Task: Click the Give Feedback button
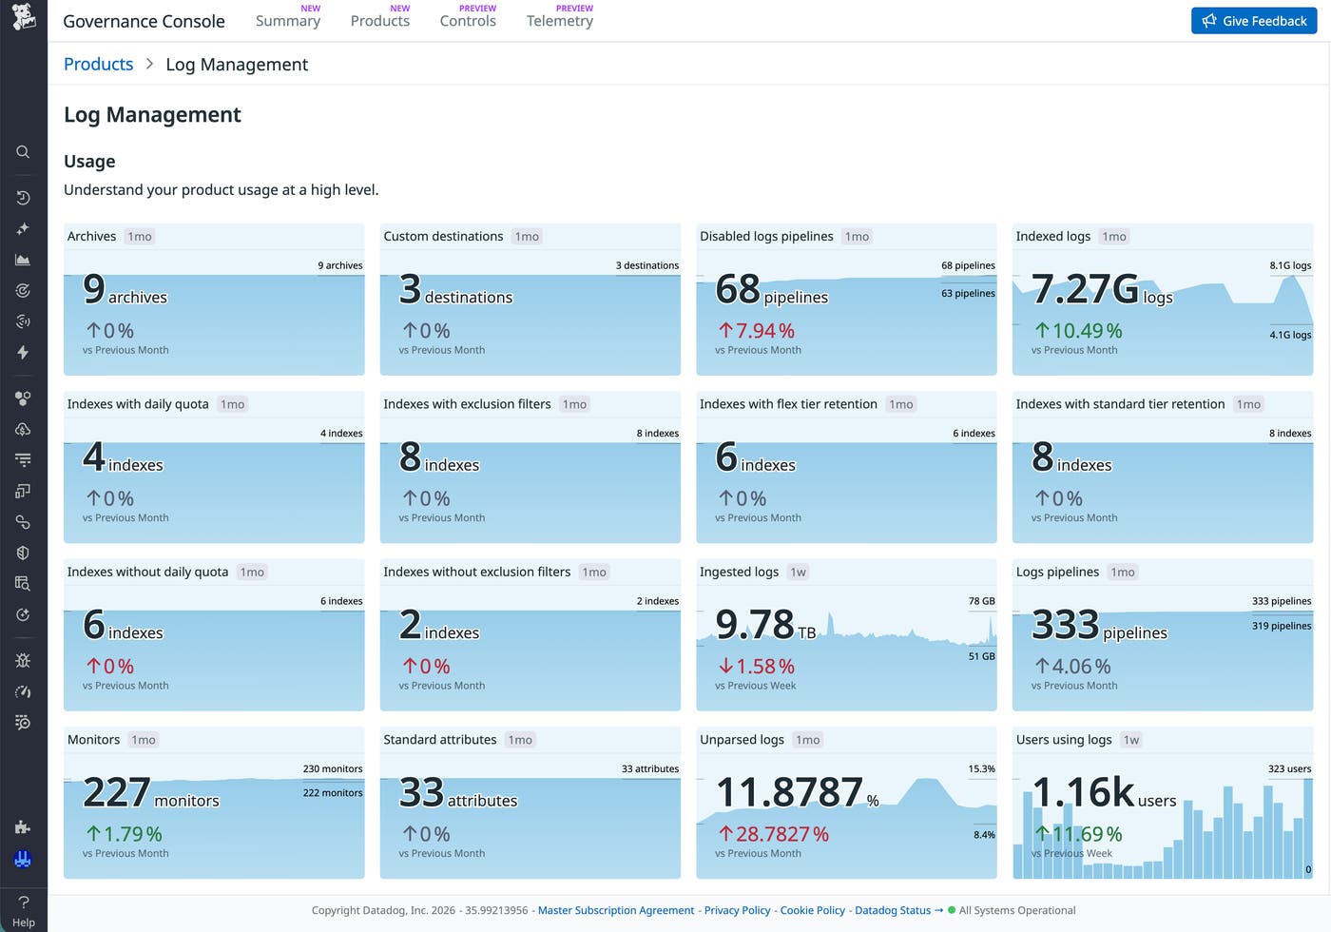point(1254,21)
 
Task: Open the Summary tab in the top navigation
point(287,21)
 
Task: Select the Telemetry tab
point(560,21)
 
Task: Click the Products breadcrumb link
point(98,64)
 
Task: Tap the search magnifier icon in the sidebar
point(23,152)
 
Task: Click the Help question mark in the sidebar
point(23,902)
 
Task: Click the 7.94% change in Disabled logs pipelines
point(757,331)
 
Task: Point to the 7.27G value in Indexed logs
point(1085,289)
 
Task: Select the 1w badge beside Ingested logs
point(798,572)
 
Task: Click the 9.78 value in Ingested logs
point(755,624)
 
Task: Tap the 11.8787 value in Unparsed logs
point(790,792)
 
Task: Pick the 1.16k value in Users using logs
point(1083,792)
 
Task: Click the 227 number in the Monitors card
point(116,792)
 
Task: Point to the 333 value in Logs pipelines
point(1066,624)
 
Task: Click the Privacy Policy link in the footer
point(737,910)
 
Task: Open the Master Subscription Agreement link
point(616,910)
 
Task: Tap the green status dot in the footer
point(952,910)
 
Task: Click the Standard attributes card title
point(439,740)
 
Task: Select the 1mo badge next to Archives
point(140,237)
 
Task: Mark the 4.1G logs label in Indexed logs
point(1290,335)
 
